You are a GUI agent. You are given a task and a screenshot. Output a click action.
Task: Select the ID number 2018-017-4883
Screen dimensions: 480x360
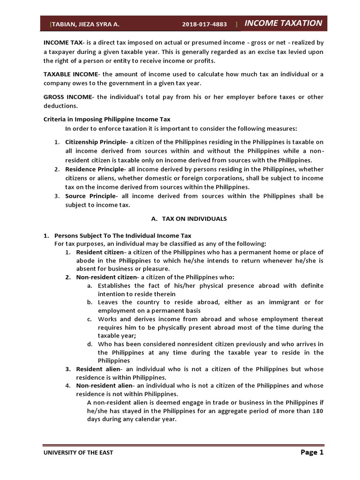click(204, 24)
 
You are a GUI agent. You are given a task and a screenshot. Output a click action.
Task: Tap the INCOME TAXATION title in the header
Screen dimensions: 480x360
click(283, 23)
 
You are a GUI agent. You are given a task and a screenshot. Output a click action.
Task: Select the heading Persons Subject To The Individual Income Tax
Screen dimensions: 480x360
click(123, 235)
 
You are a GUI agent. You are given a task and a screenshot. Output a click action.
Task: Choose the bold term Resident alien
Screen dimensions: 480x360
click(95, 369)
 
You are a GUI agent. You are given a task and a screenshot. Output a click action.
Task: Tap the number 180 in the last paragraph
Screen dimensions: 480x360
click(317, 411)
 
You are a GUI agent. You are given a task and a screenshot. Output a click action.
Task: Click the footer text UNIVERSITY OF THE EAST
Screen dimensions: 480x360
click(78, 452)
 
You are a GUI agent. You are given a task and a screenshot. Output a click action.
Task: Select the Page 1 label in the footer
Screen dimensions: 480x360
click(311, 452)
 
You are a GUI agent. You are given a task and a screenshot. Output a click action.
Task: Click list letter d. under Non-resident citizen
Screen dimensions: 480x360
click(90, 344)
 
